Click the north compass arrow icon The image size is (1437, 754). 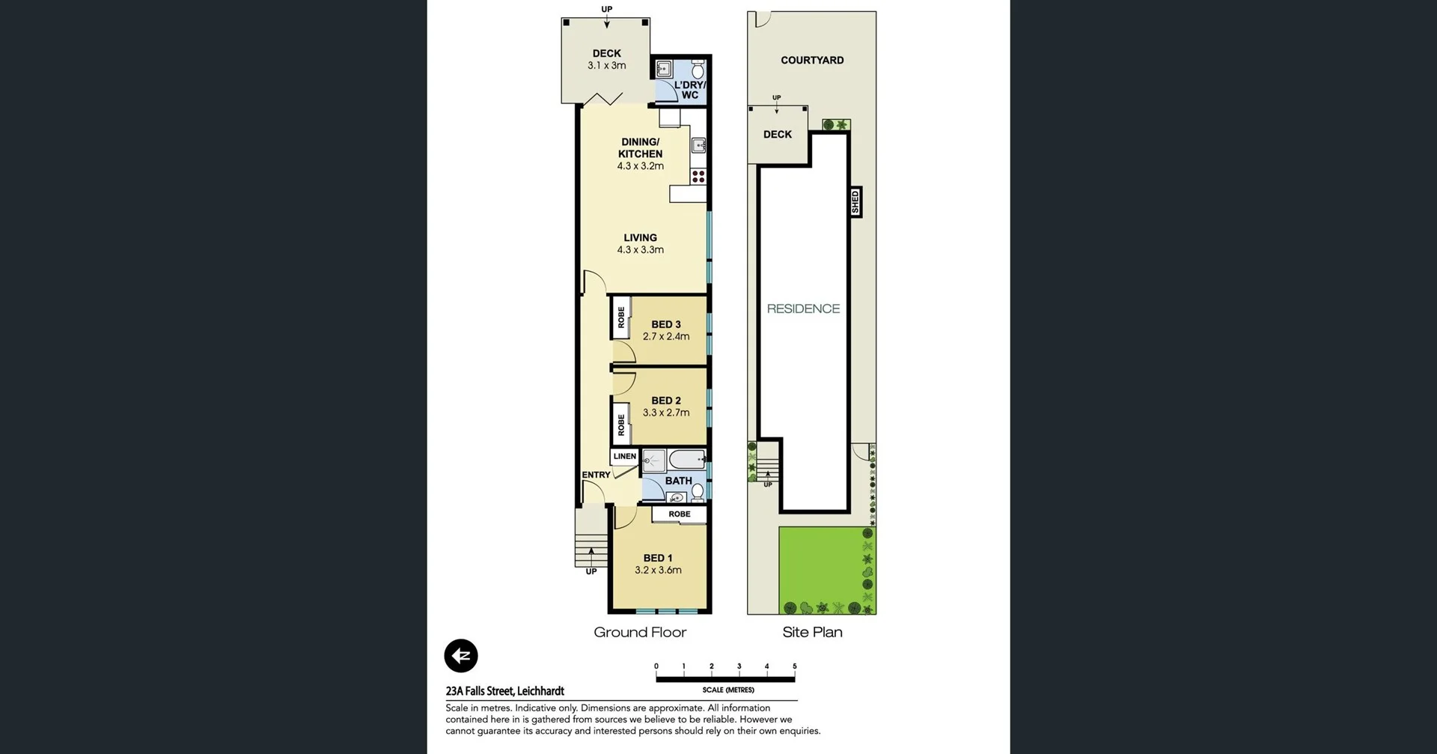pos(461,656)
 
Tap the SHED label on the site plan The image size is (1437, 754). pos(855,202)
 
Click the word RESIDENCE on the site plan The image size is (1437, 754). pos(803,308)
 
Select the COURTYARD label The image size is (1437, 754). pos(812,60)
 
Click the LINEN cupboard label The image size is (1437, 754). pos(624,456)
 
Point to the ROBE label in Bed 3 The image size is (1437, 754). pos(621,317)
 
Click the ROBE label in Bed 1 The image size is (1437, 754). pos(680,514)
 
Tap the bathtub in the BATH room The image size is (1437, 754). pos(686,459)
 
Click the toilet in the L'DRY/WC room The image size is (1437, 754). pos(698,71)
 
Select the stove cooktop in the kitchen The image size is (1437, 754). pos(698,177)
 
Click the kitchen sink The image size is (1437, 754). pos(698,145)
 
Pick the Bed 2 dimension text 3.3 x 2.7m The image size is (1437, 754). pos(666,413)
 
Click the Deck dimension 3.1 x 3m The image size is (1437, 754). pos(607,65)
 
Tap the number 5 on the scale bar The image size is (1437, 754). pos(794,666)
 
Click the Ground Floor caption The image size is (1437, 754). pos(640,632)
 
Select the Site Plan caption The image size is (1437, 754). pos(812,632)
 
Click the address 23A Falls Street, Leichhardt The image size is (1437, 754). pos(505,691)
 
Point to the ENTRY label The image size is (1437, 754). pos(596,475)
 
